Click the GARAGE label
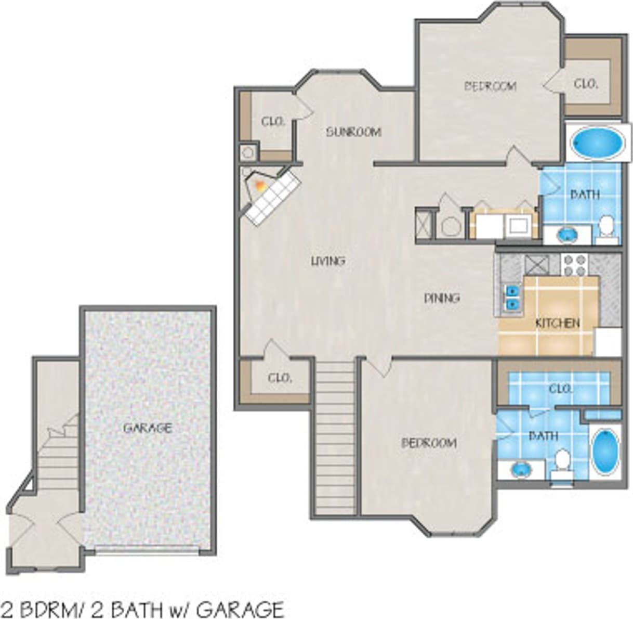click(x=147, y=428)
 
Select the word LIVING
click(x=328, y=261)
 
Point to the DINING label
click(x=442, y=298)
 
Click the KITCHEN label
click(x=557, y=324)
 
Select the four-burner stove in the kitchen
click(x=574, y=265)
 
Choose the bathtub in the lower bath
click(x=604, y=451)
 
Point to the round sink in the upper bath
click(x=567, y=235)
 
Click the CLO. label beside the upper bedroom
click(x=586, y=84)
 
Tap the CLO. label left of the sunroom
click(x=272, y=122)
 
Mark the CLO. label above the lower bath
click(x=560, y=389)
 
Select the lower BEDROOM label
click(x=429, y=443)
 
